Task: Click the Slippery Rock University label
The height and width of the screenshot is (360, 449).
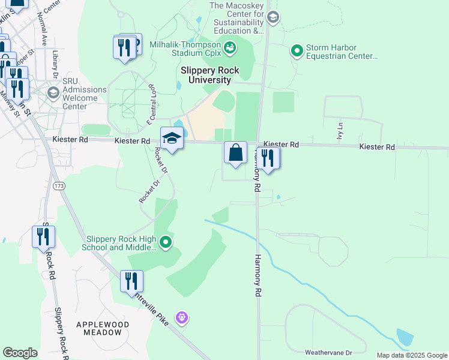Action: pyautogui.click(x=209, y=75)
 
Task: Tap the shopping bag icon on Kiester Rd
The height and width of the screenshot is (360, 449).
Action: pyautogui.click(x=236, y=153)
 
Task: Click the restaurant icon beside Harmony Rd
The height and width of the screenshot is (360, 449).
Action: pyautogui.click(x=268, y=158)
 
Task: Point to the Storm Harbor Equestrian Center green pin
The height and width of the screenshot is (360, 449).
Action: pyautogui.click(x=297, y=51)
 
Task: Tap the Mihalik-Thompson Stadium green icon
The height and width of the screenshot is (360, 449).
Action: pyautogui.click(x=229, y=46)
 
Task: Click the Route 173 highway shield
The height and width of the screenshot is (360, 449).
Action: pyautogui.click(x=58, y=187)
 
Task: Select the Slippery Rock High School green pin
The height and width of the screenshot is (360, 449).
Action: pyautogui.click(x=166, y=242)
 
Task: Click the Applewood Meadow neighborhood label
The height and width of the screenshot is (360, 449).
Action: pyautogui.click(x=103, y=328)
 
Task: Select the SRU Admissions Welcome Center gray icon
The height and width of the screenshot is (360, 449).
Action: pyautogui.click(x=53, y=92)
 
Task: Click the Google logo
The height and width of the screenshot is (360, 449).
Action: pyautogui.click(x=20, y=353)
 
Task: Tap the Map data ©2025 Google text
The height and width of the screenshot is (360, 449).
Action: pyautogui.click(x=412, y=355)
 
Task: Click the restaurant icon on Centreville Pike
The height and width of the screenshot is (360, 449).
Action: pyautogui.click(x=131, y=281)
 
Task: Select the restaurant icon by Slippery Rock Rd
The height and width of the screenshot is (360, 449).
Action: pyautogui.click(x=43, y=236)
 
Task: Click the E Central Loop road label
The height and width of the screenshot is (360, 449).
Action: pyautogui.click(x=152, y=105)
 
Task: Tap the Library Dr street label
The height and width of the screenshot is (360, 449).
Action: pyautogui.click(x=55, y=60)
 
